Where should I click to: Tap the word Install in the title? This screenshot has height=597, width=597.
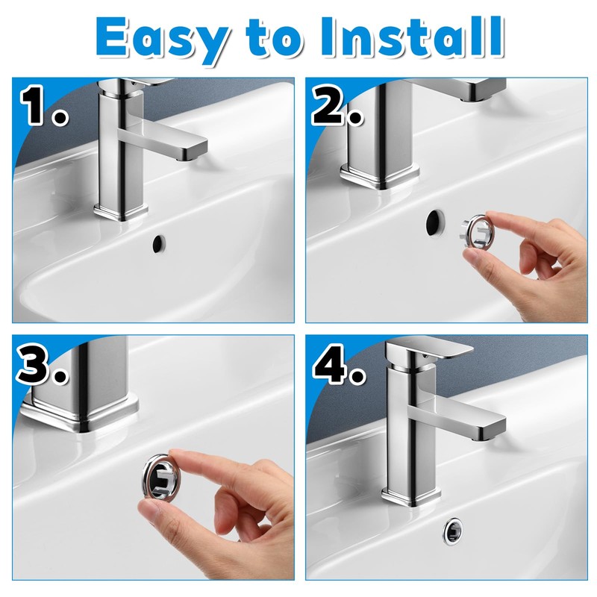(412, 37)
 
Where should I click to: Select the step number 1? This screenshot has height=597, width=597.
(43, 105)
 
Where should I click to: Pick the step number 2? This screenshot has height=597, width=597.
(337, 105)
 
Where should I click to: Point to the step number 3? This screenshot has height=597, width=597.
(43, 363)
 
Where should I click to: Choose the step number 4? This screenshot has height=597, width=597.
(339, 363)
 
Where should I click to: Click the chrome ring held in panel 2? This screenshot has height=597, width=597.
(477, 231)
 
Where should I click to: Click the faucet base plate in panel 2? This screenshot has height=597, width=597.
(379, 176)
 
